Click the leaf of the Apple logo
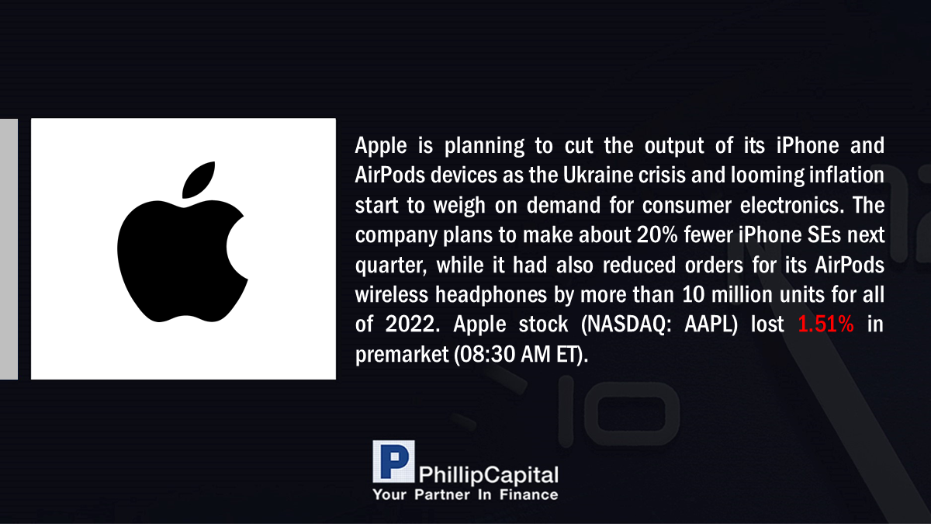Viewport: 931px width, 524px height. [x=199, y=179]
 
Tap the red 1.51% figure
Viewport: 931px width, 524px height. [x=825, y=324]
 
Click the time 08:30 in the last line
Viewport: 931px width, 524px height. [x=484, y=355]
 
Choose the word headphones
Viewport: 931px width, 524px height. [x=491, y=294]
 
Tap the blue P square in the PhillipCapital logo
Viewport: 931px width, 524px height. [x=393, y=461]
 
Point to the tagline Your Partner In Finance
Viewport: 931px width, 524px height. [x=465, y=495]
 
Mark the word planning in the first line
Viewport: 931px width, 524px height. [x=484, y=146]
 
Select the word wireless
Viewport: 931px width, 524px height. [x=392, y=294]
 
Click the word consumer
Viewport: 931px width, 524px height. [x=687, y=206]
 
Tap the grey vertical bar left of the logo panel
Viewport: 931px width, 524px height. [x=9, y=248]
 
